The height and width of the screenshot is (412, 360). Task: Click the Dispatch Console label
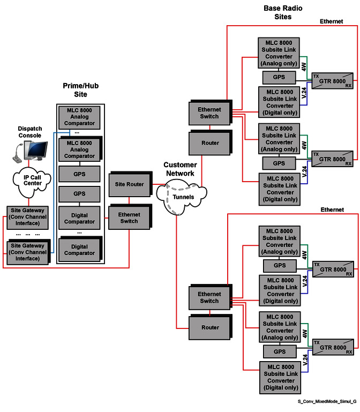29,132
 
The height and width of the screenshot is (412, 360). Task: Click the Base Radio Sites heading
277,12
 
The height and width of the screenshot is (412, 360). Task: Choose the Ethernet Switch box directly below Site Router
129,218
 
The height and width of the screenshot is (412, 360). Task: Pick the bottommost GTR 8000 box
333,348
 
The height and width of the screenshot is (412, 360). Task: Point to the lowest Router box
209,327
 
